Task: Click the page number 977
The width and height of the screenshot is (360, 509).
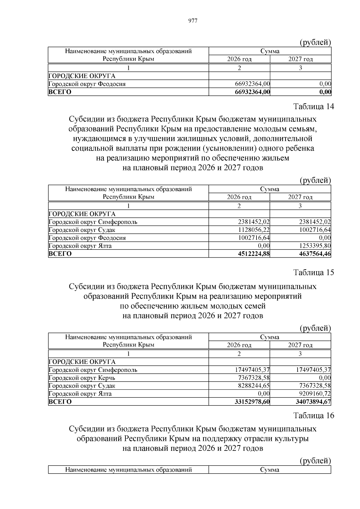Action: click(193, 21)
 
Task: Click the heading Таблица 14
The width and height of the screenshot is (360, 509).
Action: click(313, 106)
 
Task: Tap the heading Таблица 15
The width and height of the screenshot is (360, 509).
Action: click(313, 272)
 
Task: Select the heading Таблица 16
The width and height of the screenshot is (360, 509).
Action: click(313, 415)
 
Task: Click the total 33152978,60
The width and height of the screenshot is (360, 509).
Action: click(252, 402)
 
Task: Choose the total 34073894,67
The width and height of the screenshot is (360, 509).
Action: click(313, 402)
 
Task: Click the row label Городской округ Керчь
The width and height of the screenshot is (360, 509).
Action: click(82, 378)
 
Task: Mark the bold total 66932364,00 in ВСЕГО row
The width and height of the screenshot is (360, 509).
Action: click(252, 92)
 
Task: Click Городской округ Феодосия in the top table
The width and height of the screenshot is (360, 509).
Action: click(87, 84)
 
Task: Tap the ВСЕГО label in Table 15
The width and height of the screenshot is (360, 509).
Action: click(60, 402)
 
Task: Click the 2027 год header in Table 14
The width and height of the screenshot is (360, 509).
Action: click(300, 197)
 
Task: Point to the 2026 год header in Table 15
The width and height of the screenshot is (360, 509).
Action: click(239, 345)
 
